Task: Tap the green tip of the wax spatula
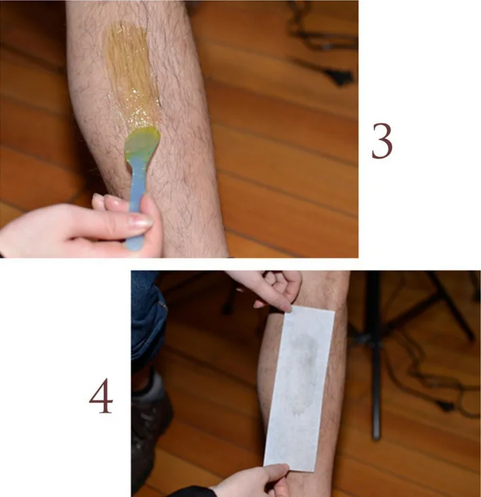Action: click(x=142, y=144)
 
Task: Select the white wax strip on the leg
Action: click(x=299, y=386)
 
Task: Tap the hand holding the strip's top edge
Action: click(x=275, y=287)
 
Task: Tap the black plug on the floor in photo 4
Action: click(x=444, y=404)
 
